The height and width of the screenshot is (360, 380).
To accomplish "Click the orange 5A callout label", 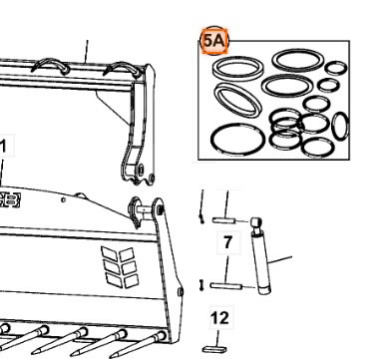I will (214, 42).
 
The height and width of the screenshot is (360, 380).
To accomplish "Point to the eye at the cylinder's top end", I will (255, 220).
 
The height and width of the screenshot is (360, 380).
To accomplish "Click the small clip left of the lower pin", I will (203, 287).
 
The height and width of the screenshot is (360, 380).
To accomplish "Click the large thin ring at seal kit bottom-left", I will (232, 138).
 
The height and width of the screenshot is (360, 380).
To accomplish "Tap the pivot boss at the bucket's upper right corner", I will (139, 212).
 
